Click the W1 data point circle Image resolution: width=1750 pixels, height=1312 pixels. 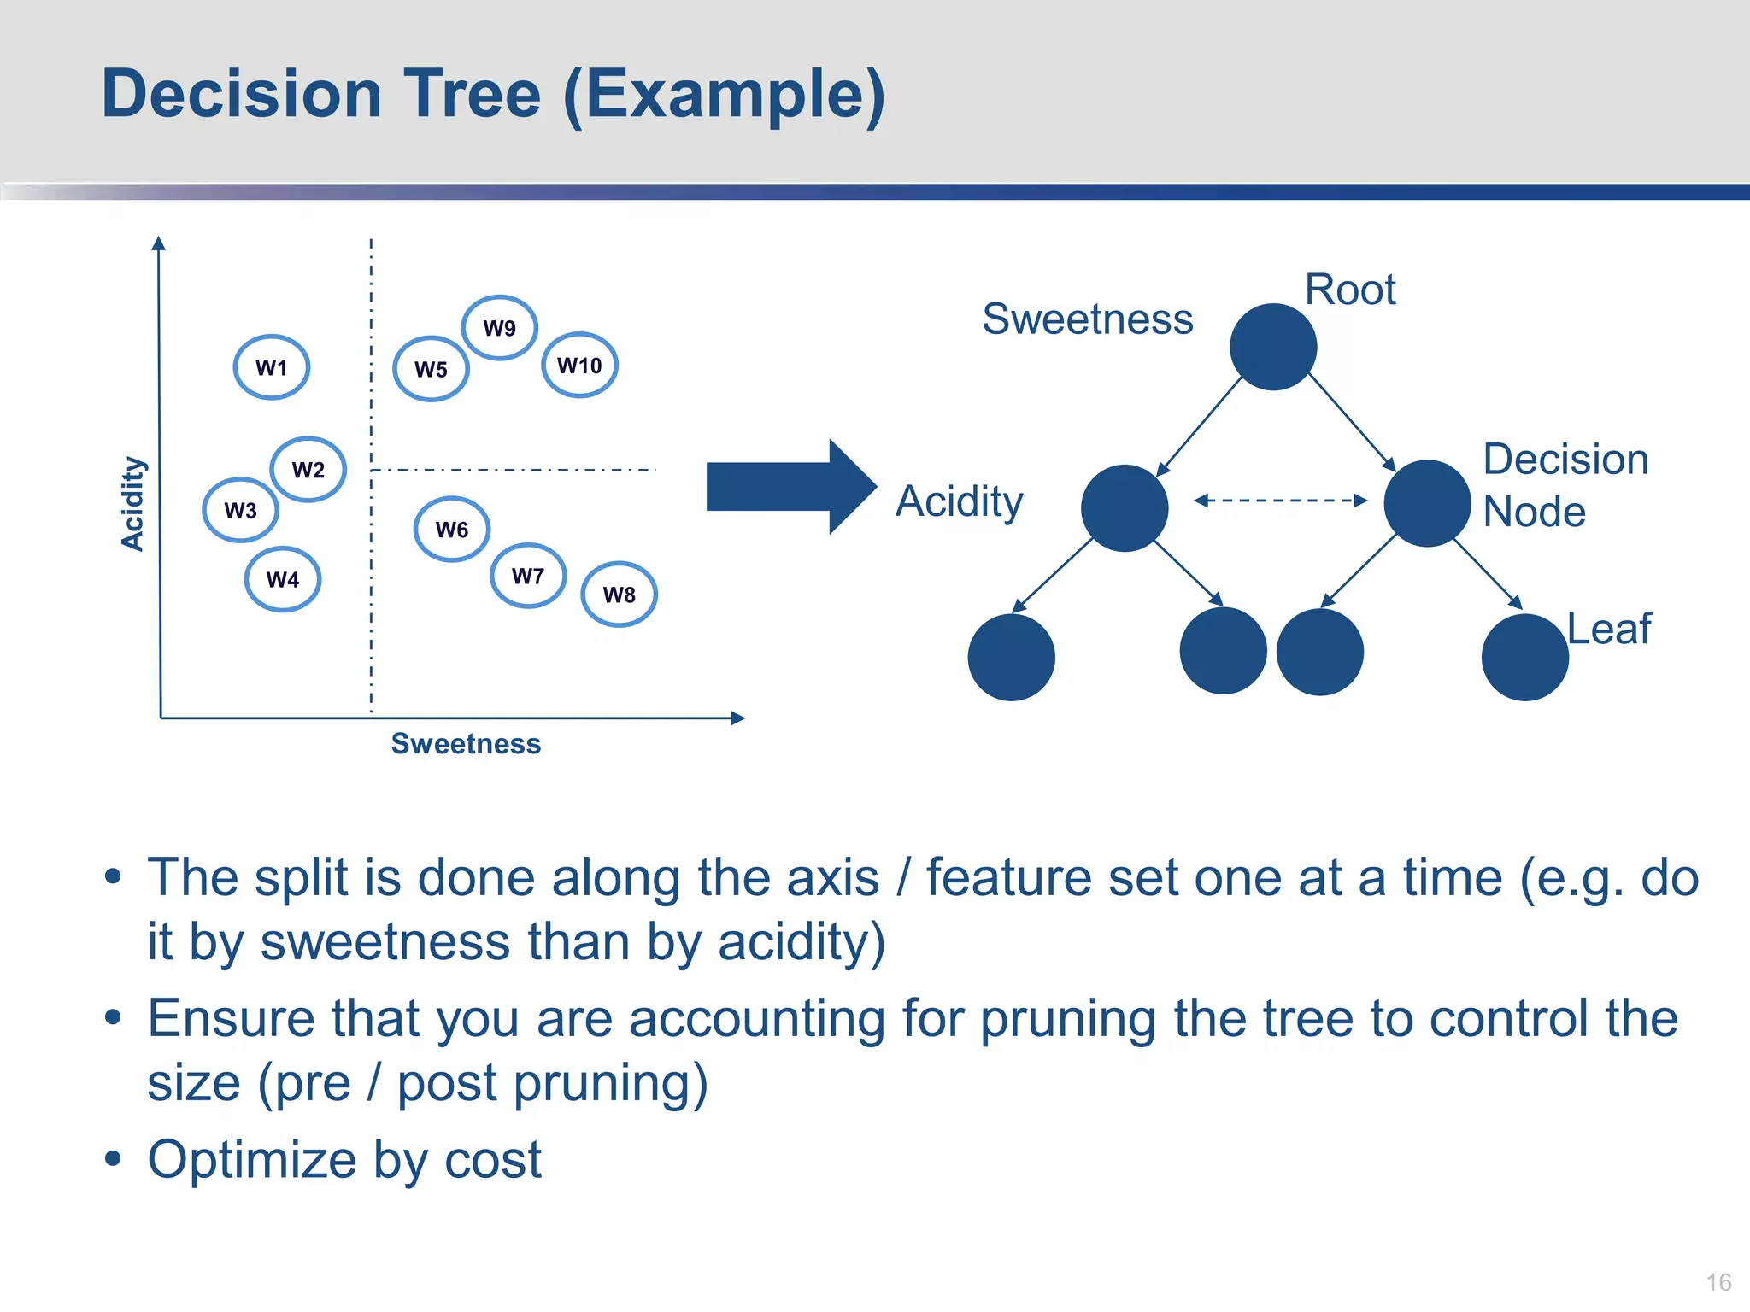[272, 367]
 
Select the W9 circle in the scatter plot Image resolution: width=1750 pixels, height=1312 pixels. [499, 328]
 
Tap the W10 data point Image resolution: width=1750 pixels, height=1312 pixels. [579, 366]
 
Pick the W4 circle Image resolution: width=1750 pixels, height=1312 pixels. [283, 579]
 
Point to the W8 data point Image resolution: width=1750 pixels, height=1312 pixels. [619, 594]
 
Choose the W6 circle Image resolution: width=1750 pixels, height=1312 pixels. [452, 530]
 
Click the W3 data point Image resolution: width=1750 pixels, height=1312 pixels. [241, 510]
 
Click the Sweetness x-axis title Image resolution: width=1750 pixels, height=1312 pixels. [466, 744]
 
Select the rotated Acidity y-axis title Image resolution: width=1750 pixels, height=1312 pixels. [132, 504]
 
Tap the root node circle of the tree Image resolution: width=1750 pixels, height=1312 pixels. [1272, 347]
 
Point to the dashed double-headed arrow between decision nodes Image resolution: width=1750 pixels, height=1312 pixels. [1280, 501]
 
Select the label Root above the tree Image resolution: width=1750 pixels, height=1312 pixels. [1350, 290]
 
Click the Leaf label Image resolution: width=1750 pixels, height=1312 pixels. [1609, 629]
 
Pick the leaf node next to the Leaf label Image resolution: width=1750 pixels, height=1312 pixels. [1524, 657]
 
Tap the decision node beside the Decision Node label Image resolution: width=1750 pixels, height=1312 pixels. [1426, 503]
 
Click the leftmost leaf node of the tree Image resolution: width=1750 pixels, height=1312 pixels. [1011, 657]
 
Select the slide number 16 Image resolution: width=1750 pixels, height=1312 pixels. [1718, 1282]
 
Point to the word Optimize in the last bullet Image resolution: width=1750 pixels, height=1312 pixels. [252, 1160]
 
